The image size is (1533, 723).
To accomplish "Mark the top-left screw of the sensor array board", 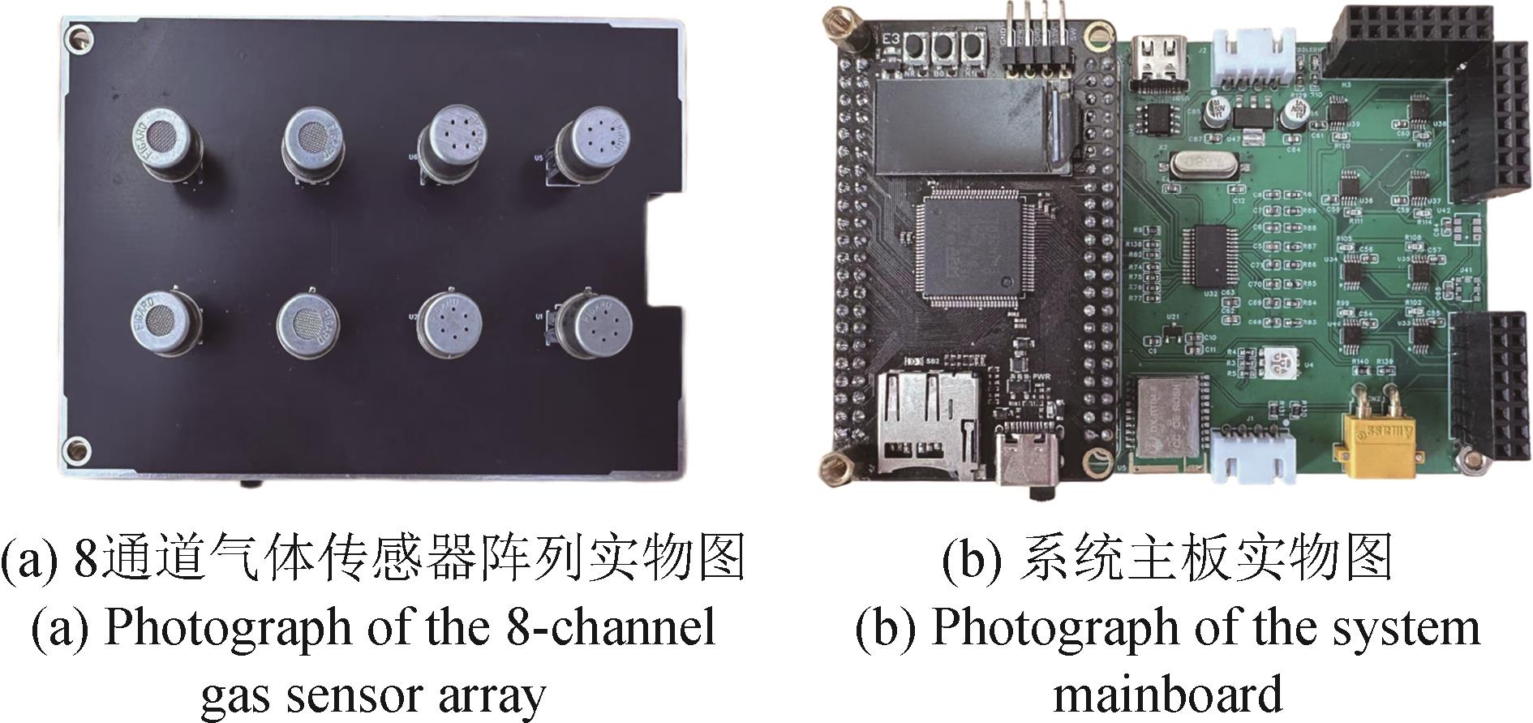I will point(78,36).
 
